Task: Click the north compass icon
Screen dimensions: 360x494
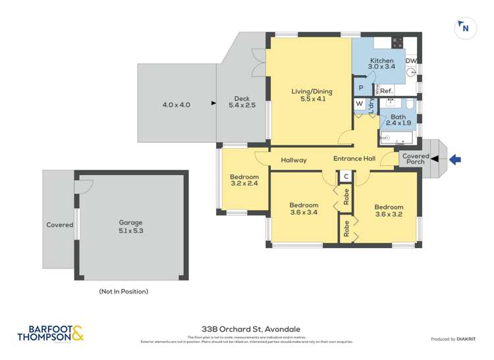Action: click(x=465, y=28)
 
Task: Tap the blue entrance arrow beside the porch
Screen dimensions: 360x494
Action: click(x=455, y=159)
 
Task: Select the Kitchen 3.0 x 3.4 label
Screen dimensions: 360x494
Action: click(x=381, y=64)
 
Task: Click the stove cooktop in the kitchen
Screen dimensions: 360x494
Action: click(x=397, y=43)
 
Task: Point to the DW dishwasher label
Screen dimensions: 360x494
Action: click(x=410, y=61)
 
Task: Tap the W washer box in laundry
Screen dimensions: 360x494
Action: click(x=360, y=104)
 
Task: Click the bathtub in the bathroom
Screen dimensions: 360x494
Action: click(x=397, y=138)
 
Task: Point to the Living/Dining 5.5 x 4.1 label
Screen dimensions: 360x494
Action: click(x=312, y=95)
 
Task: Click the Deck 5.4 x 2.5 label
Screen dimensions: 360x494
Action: click(x=241, y=102)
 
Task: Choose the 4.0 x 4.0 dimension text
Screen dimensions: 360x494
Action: click(x=176, y=105)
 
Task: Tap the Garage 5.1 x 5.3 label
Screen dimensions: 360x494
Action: click(x=130, y=226)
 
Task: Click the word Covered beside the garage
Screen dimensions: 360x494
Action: click(x=59, y=225)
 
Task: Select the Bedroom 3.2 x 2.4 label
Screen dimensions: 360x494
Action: click(x=244, y=180)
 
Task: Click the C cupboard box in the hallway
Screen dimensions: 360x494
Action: click(x=345, y=176)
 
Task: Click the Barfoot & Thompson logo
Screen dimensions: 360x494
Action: click(x=51, y=334)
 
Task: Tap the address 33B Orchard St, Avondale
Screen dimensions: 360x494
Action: click(x=246, y=328)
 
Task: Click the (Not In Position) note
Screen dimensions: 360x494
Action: click(x=124, y=291)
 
